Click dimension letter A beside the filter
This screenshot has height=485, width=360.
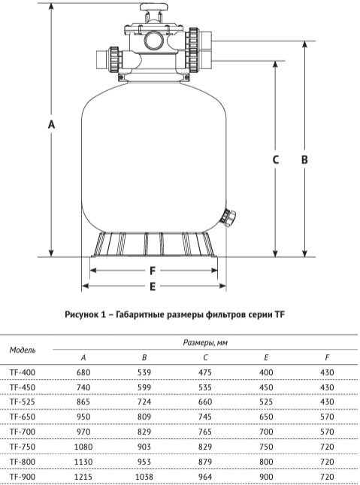[52, 124]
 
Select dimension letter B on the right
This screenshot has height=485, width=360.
[304, 159]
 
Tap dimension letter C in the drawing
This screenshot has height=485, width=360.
[275, 159]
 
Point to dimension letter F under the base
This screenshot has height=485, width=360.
[153, 271]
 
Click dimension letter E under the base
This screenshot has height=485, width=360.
[153, 286]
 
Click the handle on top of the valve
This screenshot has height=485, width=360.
[154, 7]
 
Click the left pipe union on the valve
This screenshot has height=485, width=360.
[113, 59]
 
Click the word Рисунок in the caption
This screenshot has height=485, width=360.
[80, 315]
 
